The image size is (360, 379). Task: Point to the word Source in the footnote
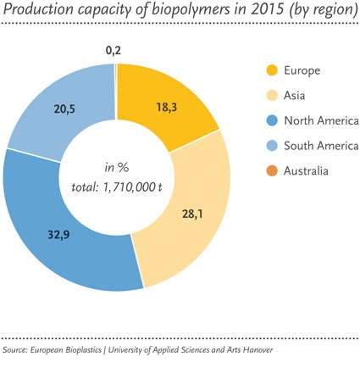pyautogui.click(x=18, y=350)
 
